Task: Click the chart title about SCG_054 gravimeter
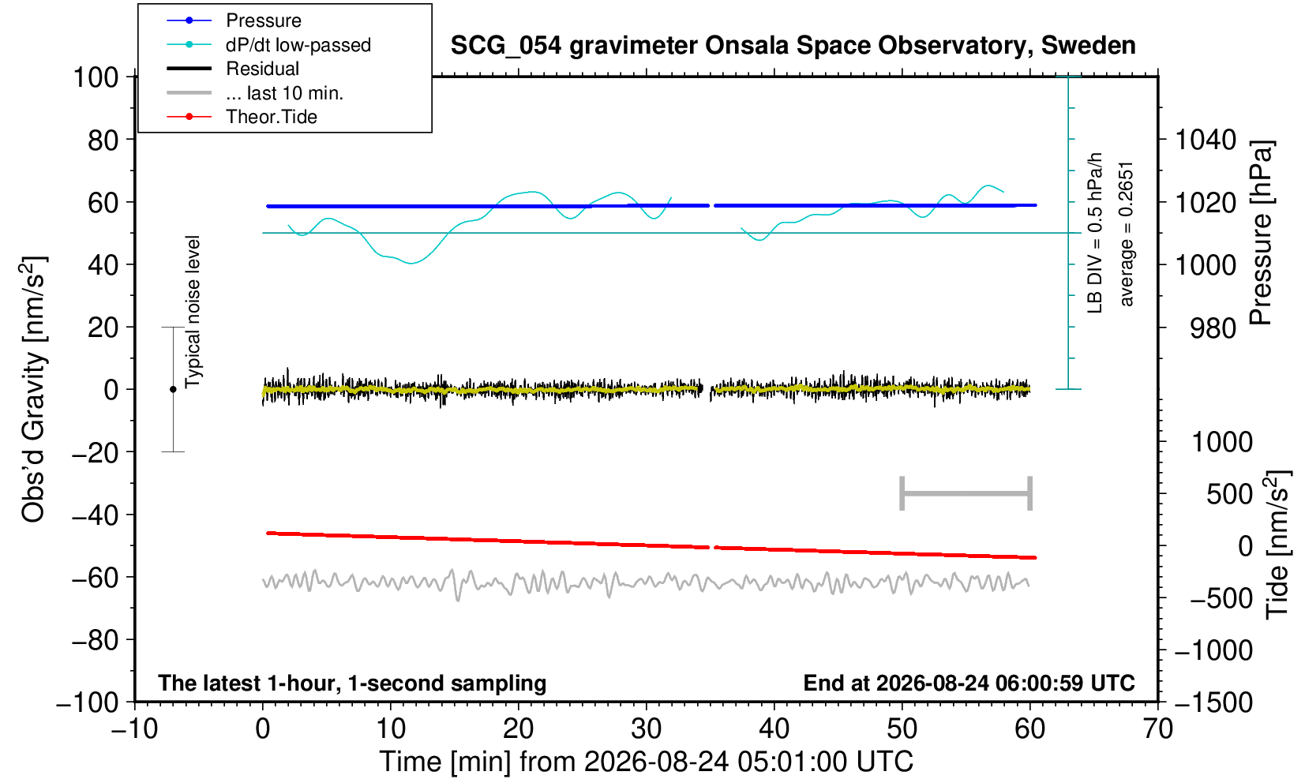click(x=793, y=46)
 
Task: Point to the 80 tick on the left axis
click(x=103, y=140)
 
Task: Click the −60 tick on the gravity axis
click(x=95, y=578)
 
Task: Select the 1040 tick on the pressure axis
click(x=1205, y=140)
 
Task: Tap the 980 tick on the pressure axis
click(x=1213, y=328)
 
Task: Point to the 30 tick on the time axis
click(x=647, y=729)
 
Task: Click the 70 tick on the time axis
click(x=1157, y=729)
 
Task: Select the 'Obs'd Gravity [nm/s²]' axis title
click(x=34, y=389)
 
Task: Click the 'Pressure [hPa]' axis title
click(x=1261, y=233)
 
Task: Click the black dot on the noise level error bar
click(x=173, y=389)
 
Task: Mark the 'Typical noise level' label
click(x=193, y=312)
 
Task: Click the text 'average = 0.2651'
click(x=1126, y=234)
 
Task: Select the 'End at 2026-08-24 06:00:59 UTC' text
click(x=969, y=683)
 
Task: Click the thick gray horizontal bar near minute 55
click(x=966, y=493)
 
